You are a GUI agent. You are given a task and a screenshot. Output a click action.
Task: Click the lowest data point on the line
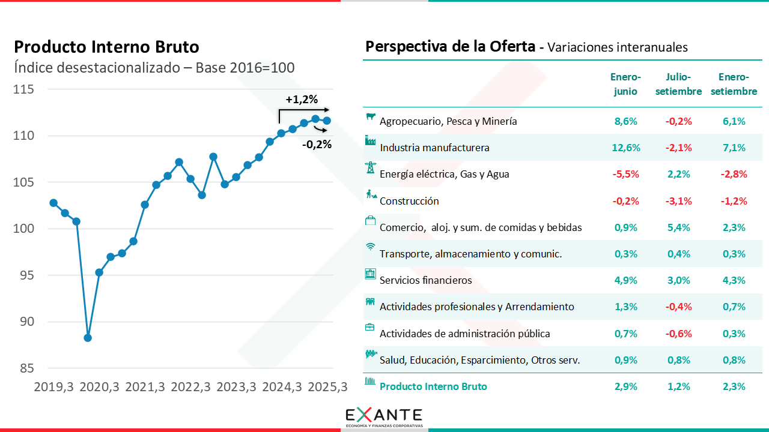pos(88,338)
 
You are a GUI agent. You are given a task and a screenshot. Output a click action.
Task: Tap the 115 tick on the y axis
pos(23,89)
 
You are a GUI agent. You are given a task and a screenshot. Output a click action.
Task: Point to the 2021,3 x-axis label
pos(145,388)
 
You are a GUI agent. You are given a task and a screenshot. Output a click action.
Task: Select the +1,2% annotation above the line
pos(302,100)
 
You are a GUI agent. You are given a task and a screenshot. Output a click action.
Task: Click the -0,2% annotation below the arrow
pos(317,144)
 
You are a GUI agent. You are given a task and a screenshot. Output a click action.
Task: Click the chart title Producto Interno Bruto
pos(106,47)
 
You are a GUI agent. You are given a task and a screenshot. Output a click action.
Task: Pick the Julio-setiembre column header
pos(678,84)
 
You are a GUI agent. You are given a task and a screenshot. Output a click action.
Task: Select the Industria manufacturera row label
pos(434,148)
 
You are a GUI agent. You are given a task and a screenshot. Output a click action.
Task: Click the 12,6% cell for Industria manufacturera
pos(627,148)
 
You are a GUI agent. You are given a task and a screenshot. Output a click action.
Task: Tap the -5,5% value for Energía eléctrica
pos(625,174)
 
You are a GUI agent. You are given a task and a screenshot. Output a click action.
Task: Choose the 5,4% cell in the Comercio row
pos(678,227)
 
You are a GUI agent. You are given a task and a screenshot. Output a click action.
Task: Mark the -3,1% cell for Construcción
pos(678,201)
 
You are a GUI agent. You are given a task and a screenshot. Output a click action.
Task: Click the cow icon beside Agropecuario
pos(371,116)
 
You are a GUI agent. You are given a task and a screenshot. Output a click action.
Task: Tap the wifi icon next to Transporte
pos(371,247)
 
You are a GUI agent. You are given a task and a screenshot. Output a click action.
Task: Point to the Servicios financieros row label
pos(425,280)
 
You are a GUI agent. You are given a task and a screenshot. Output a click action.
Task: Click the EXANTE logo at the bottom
pos(384,417)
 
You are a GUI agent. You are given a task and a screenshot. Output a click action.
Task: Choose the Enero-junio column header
pos(625,84)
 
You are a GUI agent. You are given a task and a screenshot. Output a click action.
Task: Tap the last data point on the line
pos(327,121)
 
